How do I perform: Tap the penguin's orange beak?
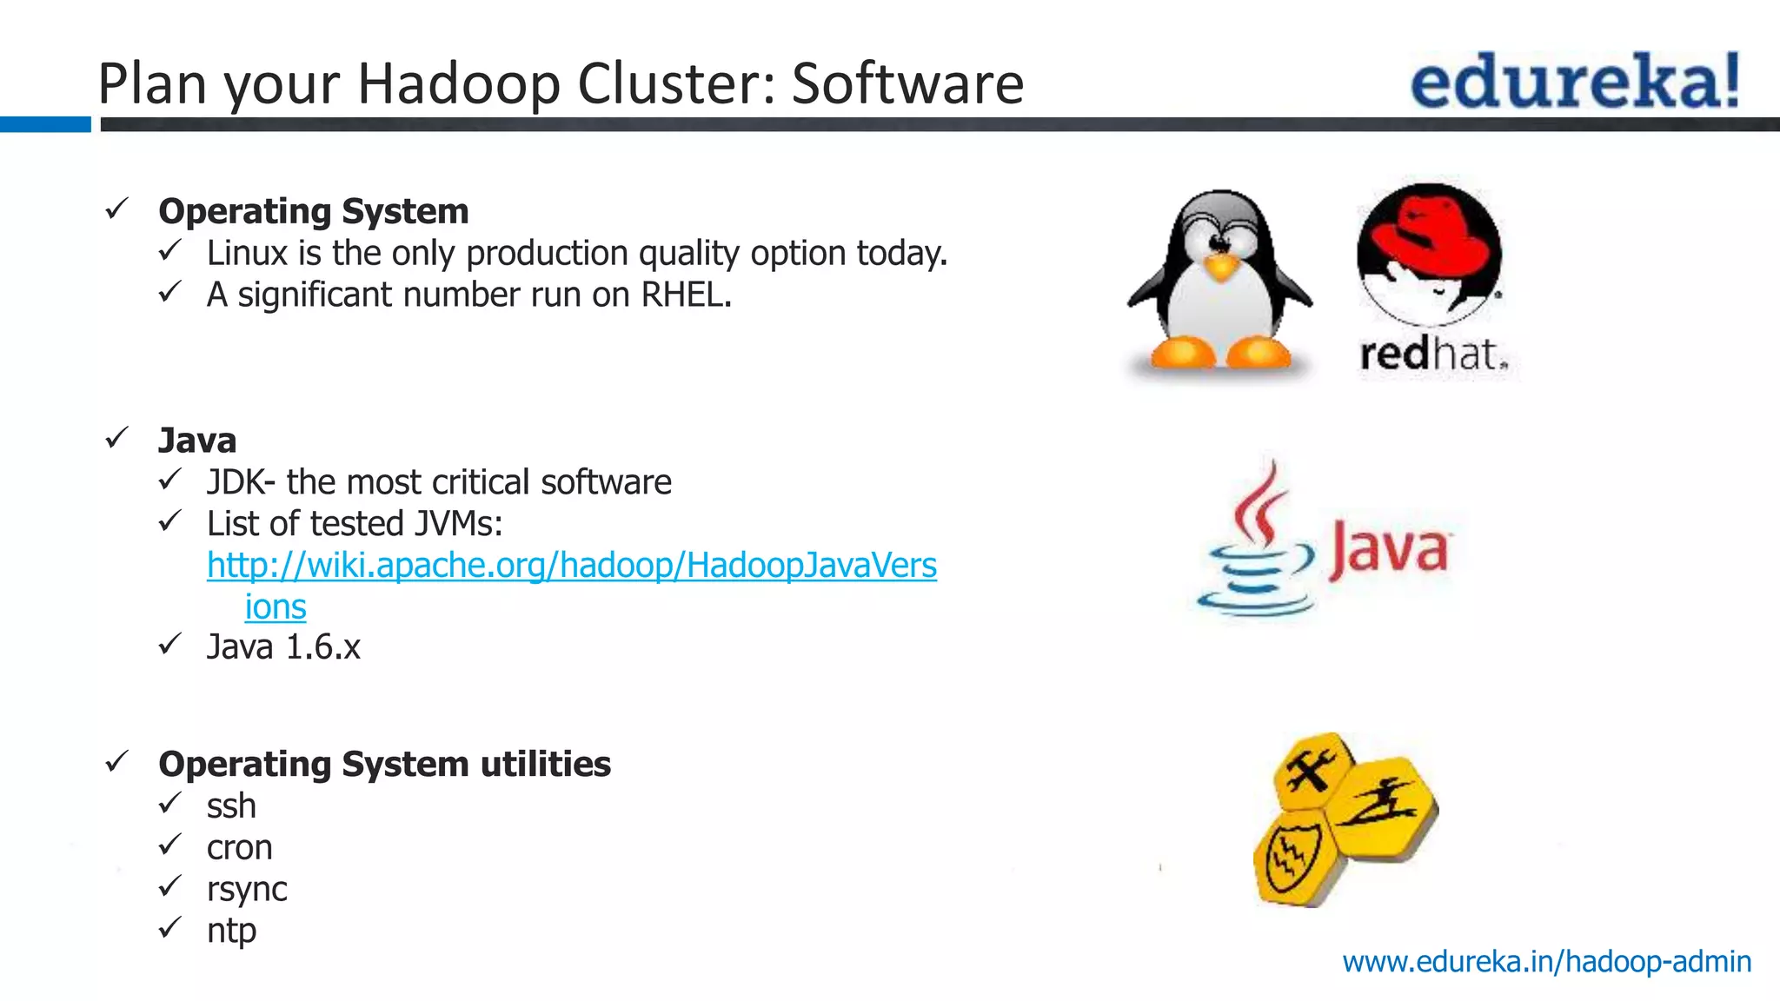click(1221, 266)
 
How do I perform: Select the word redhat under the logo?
click(1433, 355)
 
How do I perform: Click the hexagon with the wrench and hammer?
click(1312, 770)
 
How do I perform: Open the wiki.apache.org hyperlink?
click(571, 566)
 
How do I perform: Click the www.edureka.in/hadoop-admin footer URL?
click(1546, 962)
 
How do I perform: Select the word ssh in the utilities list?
click(231, 806)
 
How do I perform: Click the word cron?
click(239, 848)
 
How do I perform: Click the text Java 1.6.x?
click(283, 647)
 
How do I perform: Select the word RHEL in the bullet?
click(686, 295)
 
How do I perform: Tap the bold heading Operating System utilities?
click(384, 765)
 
